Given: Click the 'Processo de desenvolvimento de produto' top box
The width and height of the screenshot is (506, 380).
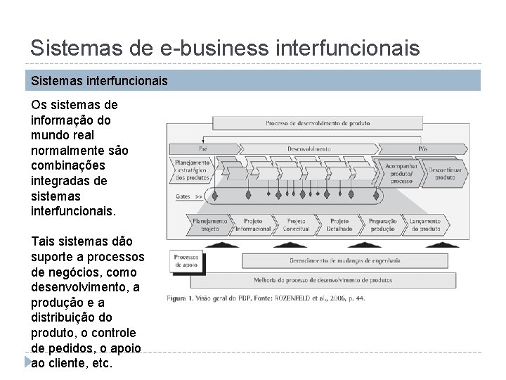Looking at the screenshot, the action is coord(318,123).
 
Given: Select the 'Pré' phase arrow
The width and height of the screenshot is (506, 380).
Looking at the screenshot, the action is coord(203,149).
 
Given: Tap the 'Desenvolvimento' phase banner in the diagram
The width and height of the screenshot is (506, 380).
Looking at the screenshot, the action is coord(309,149).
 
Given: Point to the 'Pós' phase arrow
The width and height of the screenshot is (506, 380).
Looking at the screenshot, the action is coord(423,149).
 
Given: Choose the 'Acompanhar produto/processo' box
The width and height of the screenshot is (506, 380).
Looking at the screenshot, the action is coord(401,172).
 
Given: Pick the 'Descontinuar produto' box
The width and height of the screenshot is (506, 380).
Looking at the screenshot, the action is coord(445,173).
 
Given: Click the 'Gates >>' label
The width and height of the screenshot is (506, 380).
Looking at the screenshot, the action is coord(188,197).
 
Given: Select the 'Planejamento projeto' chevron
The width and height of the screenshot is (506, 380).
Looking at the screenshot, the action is coord(209,224).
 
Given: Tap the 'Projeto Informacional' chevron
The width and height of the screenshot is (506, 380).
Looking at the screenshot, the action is coord(253,224).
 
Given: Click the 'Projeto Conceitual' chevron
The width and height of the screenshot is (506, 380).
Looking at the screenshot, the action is coord(297,224).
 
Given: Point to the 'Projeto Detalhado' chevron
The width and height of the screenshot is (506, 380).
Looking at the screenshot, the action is coord(339,224).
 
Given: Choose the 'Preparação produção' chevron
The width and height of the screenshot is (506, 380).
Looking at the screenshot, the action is coord(382,224).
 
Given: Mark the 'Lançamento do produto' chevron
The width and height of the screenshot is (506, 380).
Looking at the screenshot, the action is coord(426,224).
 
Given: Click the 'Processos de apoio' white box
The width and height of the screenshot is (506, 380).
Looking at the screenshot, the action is coord(186,261).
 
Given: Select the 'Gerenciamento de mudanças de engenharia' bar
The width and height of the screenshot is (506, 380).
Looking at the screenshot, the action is coord(344,260).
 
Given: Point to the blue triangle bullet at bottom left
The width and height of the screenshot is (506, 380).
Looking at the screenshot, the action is coord(26,362).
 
